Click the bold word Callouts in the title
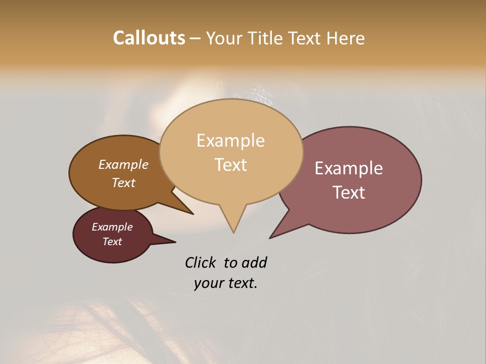149,38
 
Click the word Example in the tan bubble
230,141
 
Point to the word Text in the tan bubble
230,165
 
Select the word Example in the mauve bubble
349,168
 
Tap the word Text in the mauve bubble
349,193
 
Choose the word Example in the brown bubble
123,165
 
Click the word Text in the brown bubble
123,183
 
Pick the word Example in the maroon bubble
112,227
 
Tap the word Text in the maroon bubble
112,242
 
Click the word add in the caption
254,262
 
